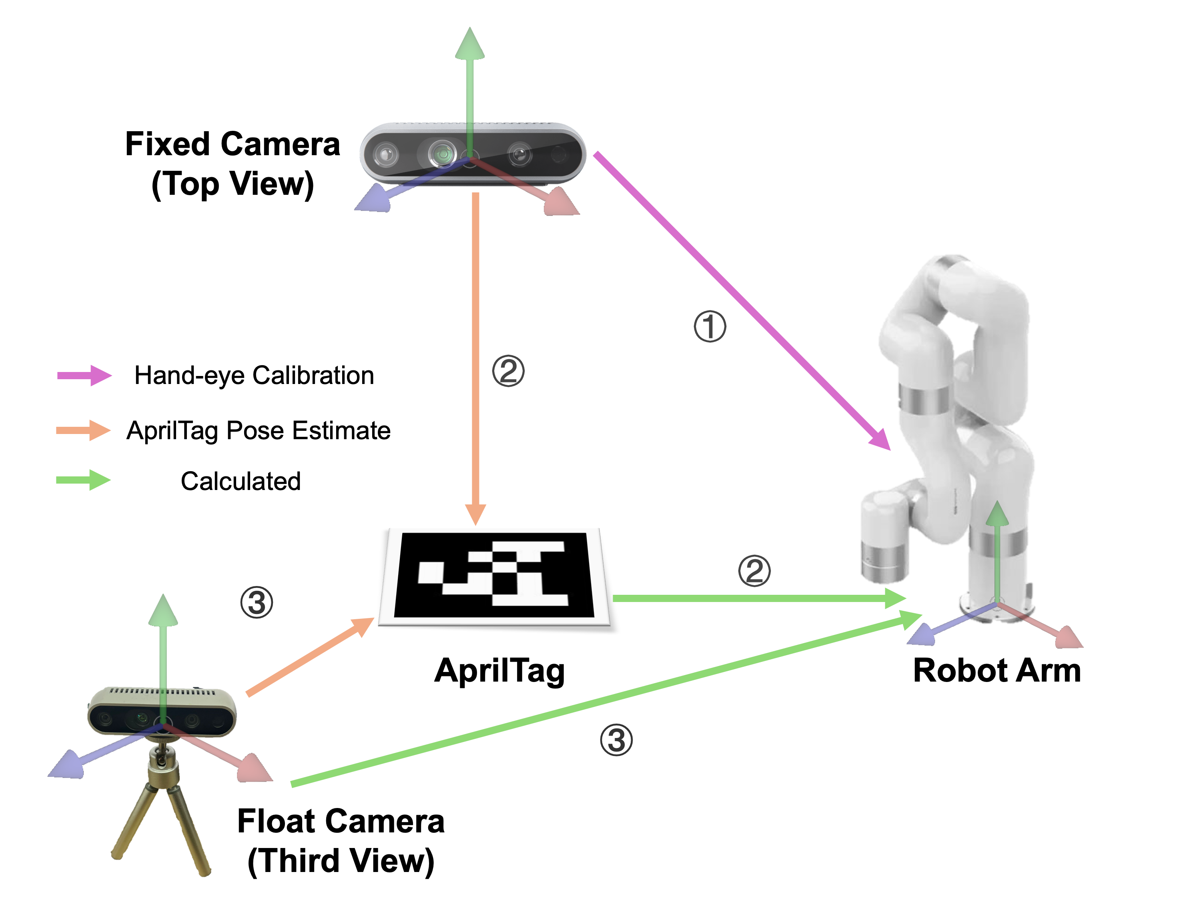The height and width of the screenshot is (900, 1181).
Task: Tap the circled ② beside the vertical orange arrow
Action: (508, 371)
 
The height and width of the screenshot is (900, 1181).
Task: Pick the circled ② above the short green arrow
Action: (754, 570)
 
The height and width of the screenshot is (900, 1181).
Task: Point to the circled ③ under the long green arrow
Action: (616, 740)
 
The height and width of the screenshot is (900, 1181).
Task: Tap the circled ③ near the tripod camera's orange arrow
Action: (257, 603)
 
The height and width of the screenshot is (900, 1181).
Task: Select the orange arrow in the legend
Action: (83, 430)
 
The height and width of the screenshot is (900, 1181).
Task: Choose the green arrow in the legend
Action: (83, 480)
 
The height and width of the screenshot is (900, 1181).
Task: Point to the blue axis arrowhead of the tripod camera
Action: (67, 764)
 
